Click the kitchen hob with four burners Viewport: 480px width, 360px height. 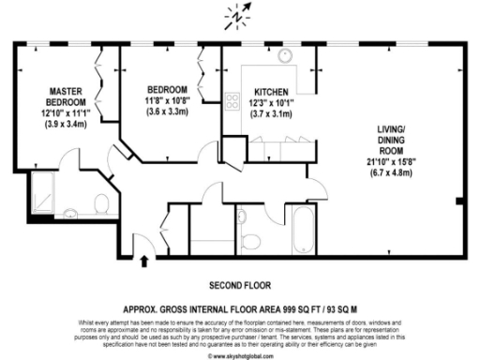[x=231, y=98]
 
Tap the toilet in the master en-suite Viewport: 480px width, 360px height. [x=101, y=202]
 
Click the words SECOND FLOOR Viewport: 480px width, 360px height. [x=239, y=284]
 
